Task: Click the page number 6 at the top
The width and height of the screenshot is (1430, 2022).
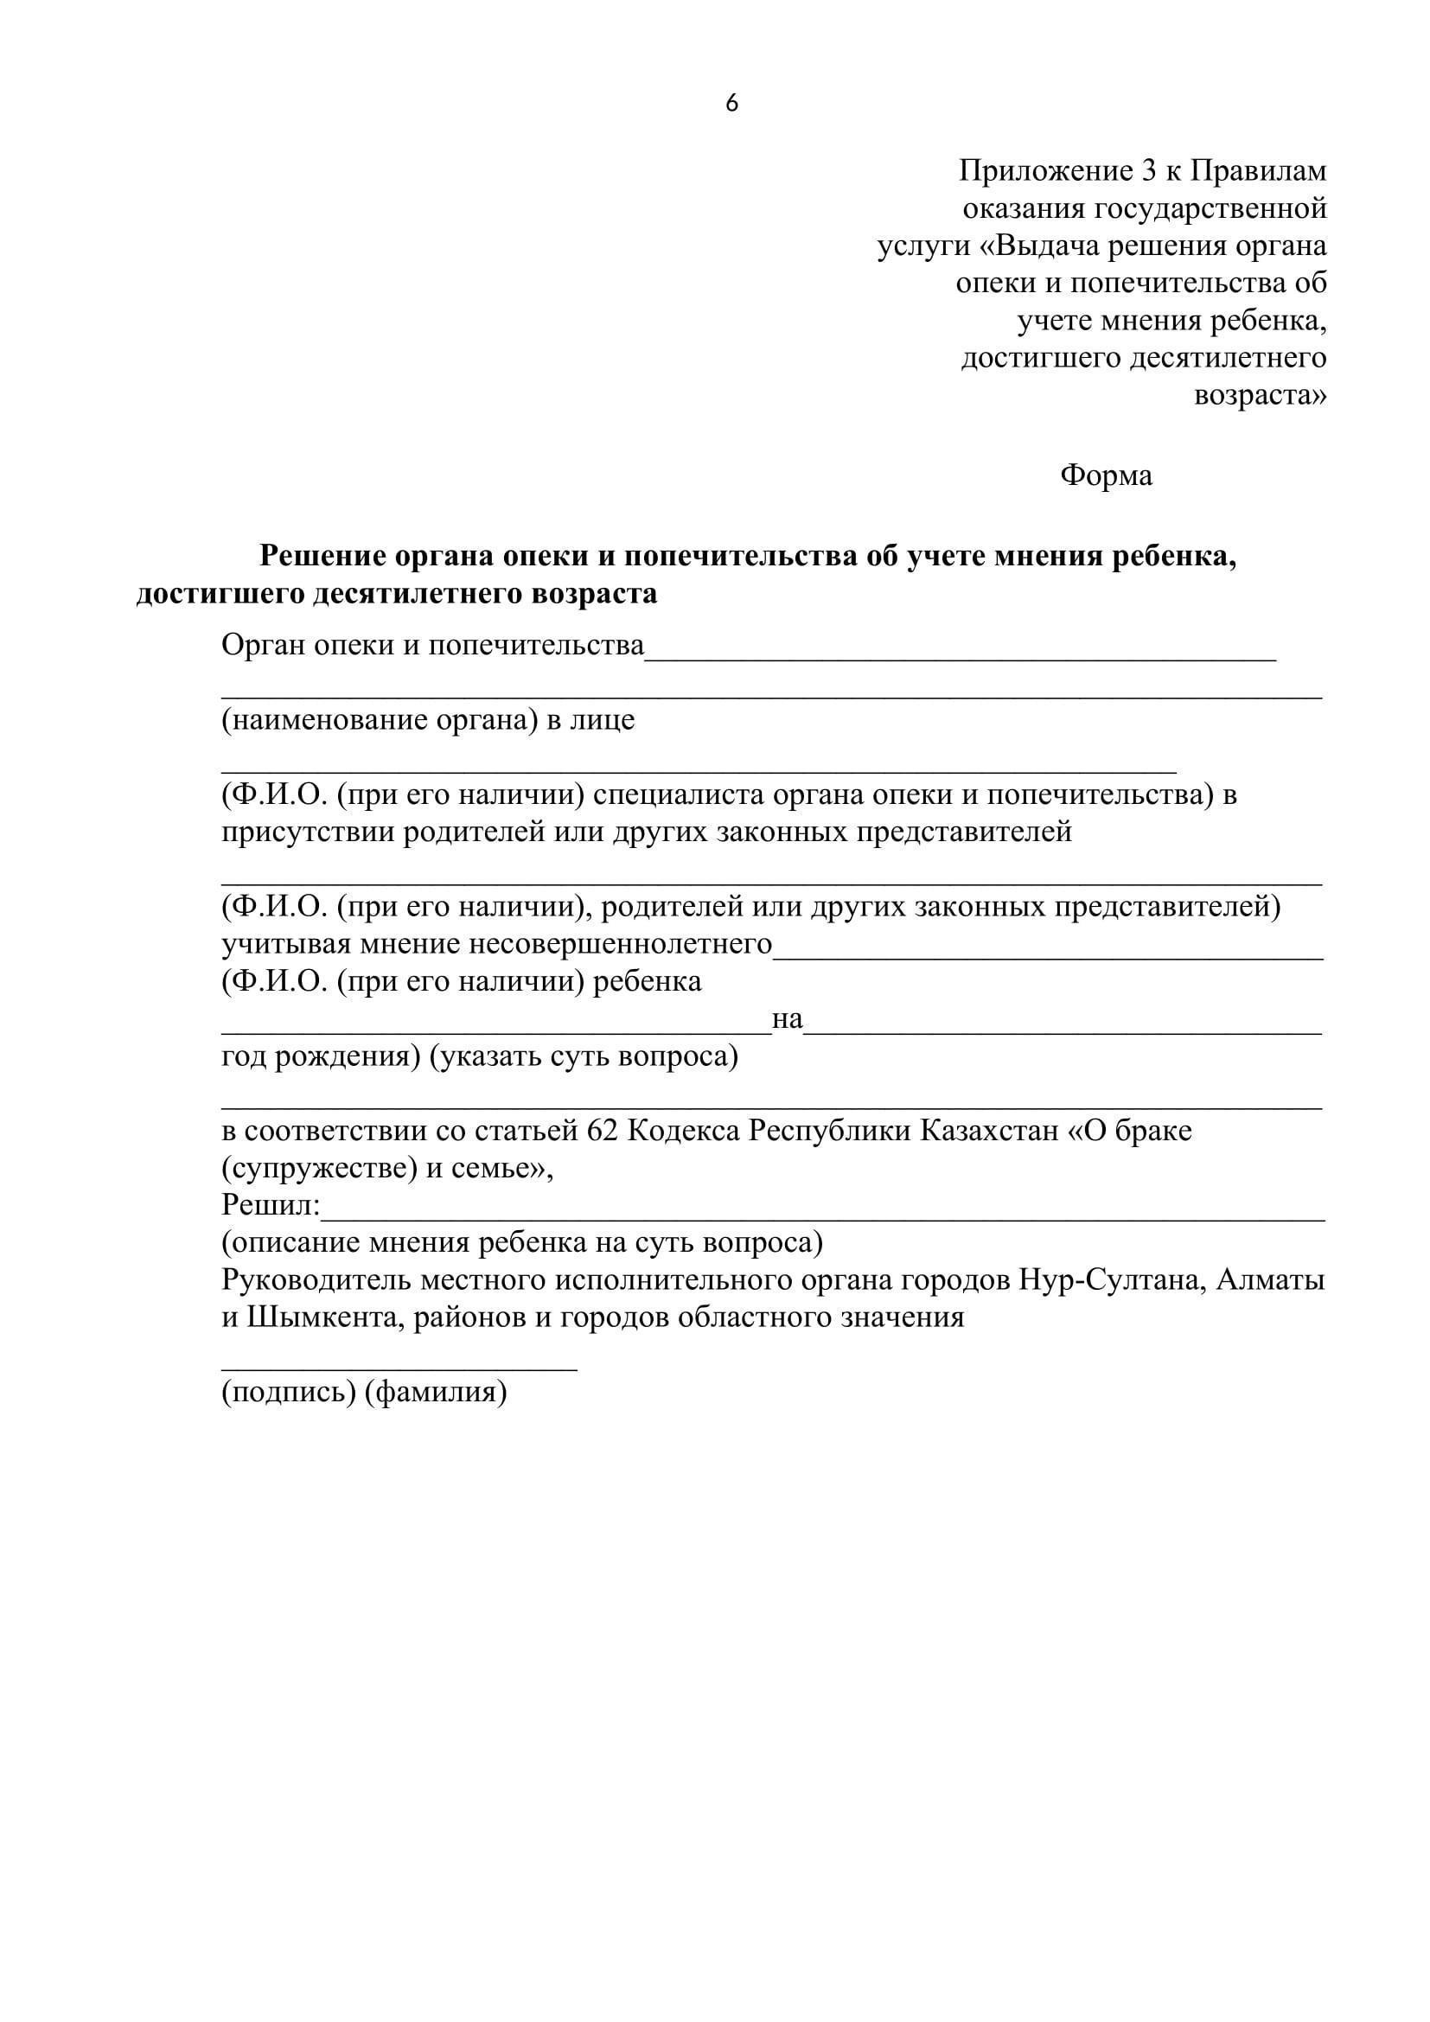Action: (x=731, y=104)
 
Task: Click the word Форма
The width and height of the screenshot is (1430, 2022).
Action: (x=1106, y=475)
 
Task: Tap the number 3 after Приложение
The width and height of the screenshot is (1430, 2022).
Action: (x=1148, y=171)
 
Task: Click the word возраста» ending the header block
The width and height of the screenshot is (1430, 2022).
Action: (x=1260, y=395)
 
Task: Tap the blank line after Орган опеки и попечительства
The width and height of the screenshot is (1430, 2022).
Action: (x=960, y=656)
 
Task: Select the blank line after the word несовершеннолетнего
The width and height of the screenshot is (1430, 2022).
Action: (x=1048, y=955)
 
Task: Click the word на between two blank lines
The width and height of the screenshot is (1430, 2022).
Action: (x=788, y=1019)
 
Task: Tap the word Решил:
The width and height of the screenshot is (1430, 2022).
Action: (x=271, y=1205)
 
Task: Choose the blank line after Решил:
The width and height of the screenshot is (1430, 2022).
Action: (x=823, y=1217)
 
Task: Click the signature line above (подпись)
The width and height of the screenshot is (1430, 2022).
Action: (x=399, y=1368)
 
